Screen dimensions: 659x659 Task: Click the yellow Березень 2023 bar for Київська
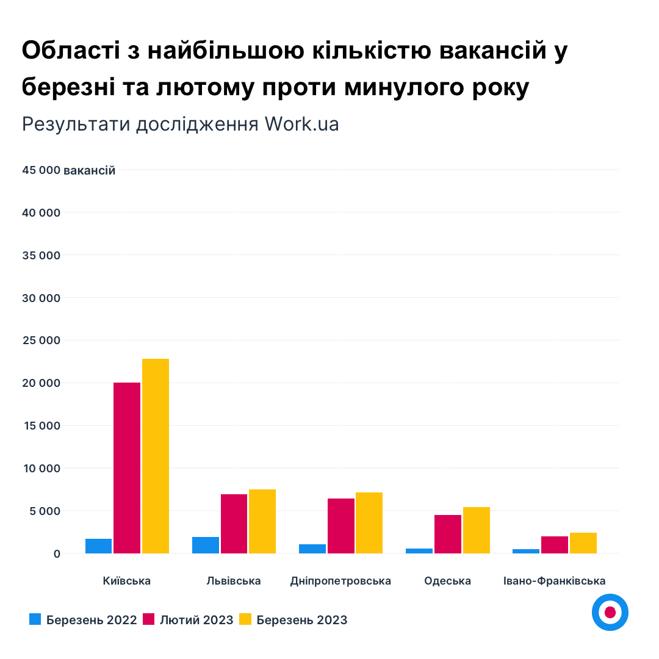pos(156,456)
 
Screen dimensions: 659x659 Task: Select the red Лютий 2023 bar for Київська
pos(127,468)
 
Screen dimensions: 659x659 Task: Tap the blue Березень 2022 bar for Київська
pos(98,546)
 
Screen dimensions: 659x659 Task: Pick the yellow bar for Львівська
pos(262,521)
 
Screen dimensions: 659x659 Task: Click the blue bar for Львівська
pos(205,545)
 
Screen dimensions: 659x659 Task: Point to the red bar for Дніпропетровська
pos(340,526)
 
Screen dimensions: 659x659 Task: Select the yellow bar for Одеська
pos(476,530)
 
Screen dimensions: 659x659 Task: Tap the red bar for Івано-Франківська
pos(554,545)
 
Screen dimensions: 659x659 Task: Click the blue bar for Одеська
pos(419,551)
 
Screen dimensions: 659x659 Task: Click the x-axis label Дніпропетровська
pos(340,581)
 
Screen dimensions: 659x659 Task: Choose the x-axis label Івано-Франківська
pos(554,581)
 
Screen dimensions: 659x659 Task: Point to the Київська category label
pos(127,581)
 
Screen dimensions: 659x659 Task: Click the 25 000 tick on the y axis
pos(41,340)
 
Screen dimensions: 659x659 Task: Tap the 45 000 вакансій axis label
pos(68,170)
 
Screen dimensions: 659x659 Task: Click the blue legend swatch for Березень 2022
pos(35,620)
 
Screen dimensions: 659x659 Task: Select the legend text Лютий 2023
pos(196,620)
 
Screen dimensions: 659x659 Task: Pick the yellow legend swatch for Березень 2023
pos(245,620)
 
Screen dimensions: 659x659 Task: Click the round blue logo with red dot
pos(610,612)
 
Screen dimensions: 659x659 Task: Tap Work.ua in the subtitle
pos(301,124)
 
